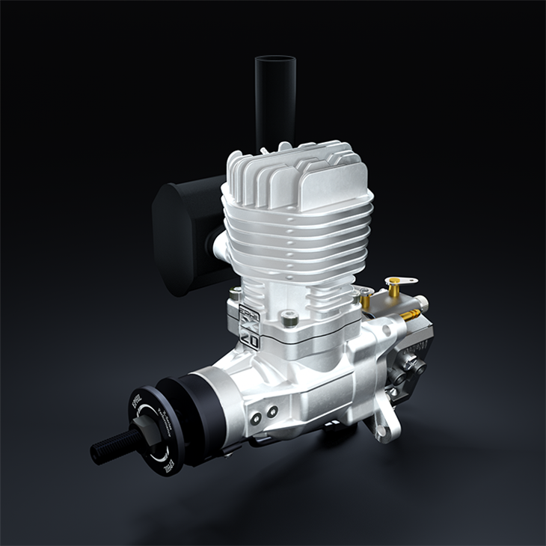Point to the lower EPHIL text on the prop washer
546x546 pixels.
(168, 461)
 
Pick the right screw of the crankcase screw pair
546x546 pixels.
(272, 410)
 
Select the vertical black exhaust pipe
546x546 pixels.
(274, 97)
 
